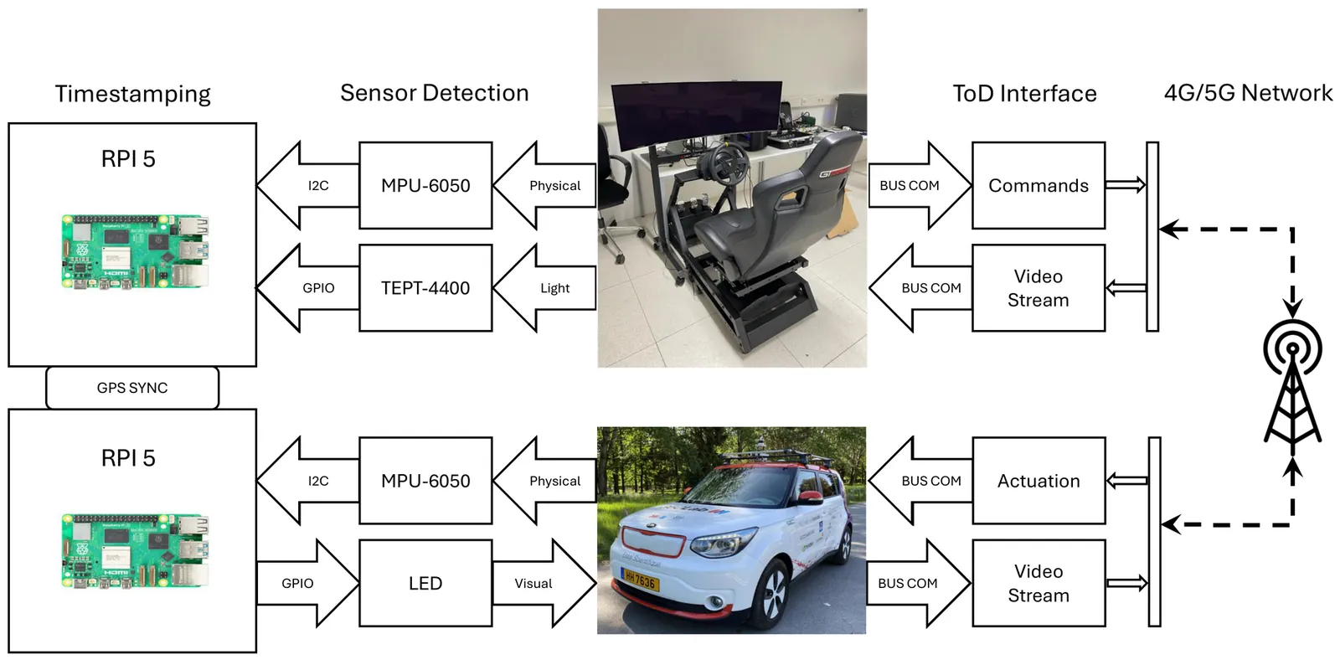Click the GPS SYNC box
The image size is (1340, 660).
coord(132,388)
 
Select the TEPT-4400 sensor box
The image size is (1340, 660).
coord(425,288)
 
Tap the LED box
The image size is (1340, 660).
coord(425,583)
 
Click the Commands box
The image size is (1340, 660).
coord(1038,185)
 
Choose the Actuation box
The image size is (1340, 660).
coord(1038,481)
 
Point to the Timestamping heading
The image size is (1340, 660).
coord(132,94)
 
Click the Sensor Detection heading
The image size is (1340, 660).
coord(434,93)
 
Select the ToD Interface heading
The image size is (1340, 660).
coord(1024,94)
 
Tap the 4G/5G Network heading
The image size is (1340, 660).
coord(1248,93)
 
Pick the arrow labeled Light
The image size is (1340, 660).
coord(544,288)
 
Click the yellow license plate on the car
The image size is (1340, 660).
coord(640,579)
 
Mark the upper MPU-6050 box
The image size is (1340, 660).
coord(425,185)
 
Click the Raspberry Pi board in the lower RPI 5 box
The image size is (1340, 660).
coord(134,551)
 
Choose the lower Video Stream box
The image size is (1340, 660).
coord(1038,583)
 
